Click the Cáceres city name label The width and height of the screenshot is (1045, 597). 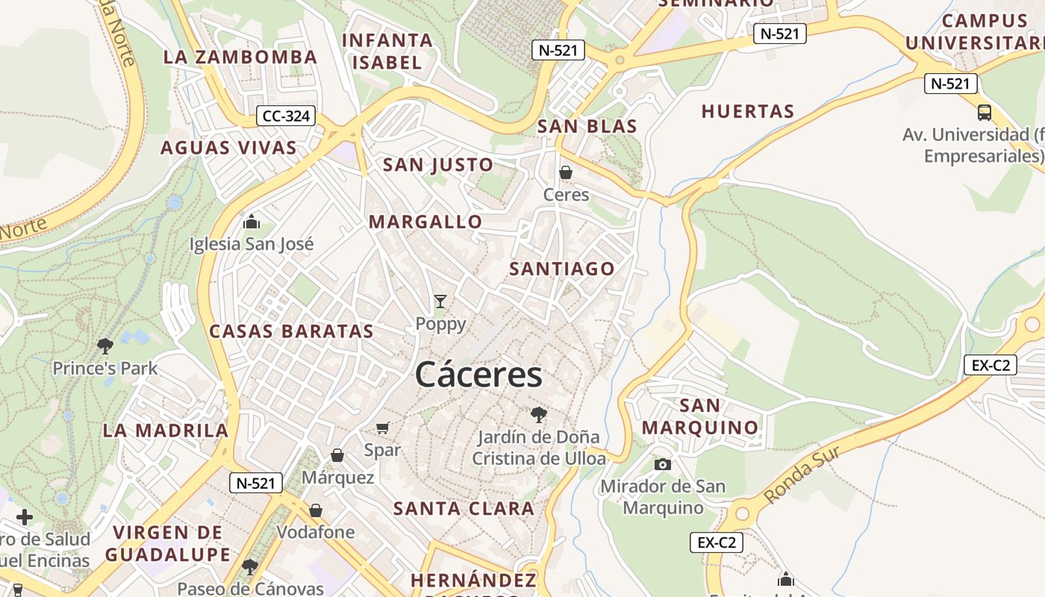pyautogui.click(x=478, y=374)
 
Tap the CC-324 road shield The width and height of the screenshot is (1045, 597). pyautogui.click(x=286, y=116)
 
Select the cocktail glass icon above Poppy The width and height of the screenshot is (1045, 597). pyautogui.click(x=440, y=301)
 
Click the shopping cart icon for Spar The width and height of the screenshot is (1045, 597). pyautogui.click(x=383, y=428)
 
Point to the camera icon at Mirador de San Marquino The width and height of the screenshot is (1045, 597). pyautogui.click(x=662, y=464)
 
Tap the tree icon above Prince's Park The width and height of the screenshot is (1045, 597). pyautogui.click(x=105, y=346)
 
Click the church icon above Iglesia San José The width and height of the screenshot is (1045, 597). pyautogui.click(x=252, y=222)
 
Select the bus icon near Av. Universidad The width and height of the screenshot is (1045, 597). pyautogui.click(x=985, y=113)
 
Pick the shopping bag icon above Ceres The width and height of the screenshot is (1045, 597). pyautogui.click(x=566, y=172)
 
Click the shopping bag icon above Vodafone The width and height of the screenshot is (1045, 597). pyautogui.click(x=316, y=510)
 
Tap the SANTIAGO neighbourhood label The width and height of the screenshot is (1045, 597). pyautogui.click(x=562, y=269)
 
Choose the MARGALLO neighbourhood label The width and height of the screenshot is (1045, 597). pyautogui.click(x=425, y=222)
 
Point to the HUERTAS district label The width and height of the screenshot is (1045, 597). pyautogui.click(x=747, y=112)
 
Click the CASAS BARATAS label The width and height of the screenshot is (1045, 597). pyautogui.click(x=291, y=331)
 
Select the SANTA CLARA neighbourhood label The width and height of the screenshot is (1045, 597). pyautogui.click(x=464, y=509)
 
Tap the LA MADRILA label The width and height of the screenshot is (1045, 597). pyautogui.click(x=166, y=431)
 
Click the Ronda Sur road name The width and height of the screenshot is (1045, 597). pyautogui.click(x=802, y=475)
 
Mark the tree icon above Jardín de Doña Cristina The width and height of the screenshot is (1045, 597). pyautogui.click(x=538, y=415)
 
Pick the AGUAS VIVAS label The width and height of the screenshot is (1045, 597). pyautogui.click(x=229, y=148)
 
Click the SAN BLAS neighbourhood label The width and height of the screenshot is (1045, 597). pyautogui.click(x=587, y=126)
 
